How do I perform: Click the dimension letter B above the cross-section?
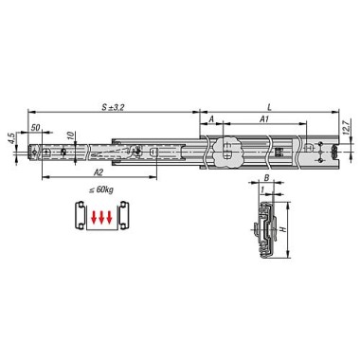[x=267, y=178]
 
